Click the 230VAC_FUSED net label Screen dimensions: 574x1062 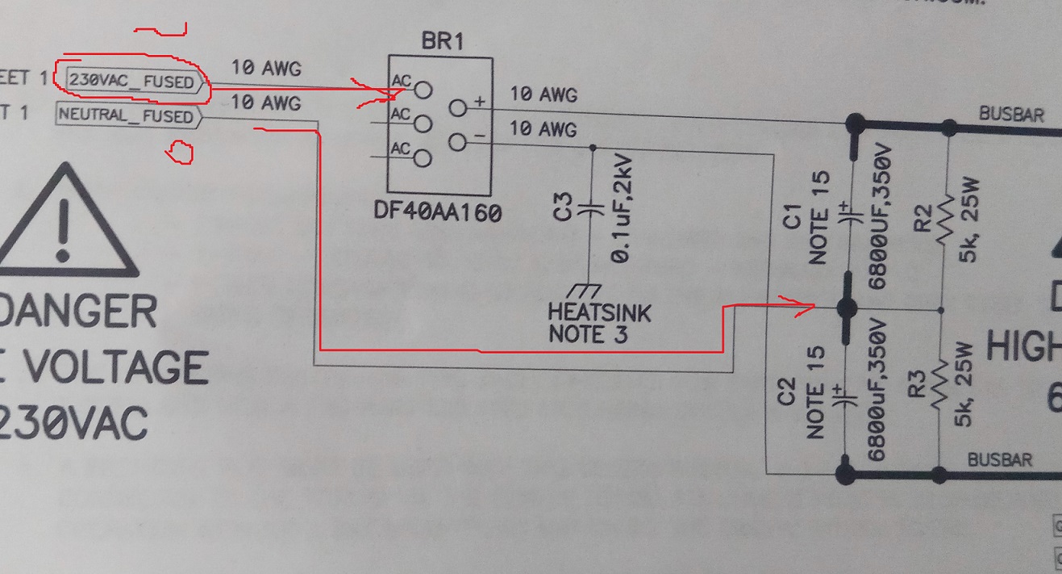pyautogui.click(x=131, y=81)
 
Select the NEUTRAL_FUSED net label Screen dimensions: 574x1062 pyautogui.click(x=127, y=116)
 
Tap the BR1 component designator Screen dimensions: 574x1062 pyautogui.click(x=442, y=42)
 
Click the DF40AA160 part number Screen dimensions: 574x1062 pyautogui.click(x=437, y=213)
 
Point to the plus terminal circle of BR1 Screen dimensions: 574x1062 pyautogui.click(x=458, y=106)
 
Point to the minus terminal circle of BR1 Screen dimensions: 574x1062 pyautogui.click(x=458, y=145)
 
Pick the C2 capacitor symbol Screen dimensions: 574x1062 pyautogui.click(x=846, y=397)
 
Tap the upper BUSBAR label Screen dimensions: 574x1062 pyautogui.click(x=1011, y=114)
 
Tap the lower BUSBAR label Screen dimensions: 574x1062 pyautogui.click(x=999, y=459)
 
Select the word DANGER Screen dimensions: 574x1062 pyautogui.click(x=77, y=311)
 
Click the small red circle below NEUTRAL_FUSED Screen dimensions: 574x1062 pyautogui.click(x=180, y=152)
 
